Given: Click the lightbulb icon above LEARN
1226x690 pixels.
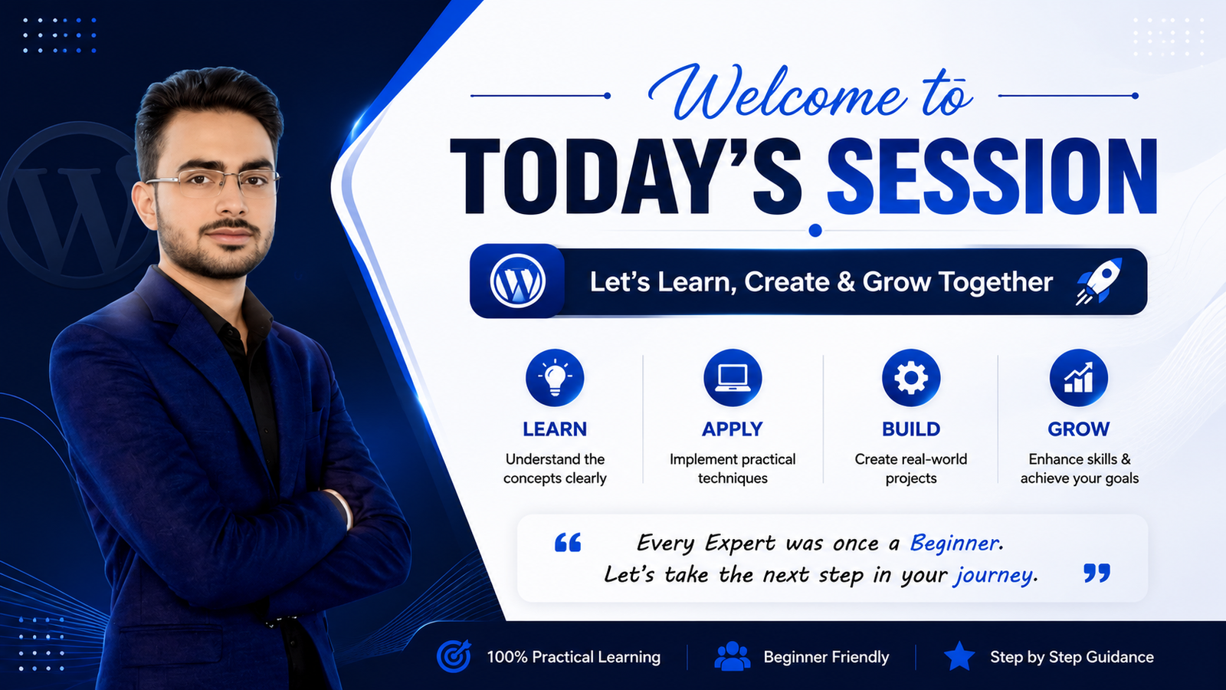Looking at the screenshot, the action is click(555, 377).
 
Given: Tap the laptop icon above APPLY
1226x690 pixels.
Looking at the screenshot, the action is click(733, 377).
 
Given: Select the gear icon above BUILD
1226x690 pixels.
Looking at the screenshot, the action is click(911, 377).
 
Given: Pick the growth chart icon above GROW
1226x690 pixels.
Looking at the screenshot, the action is click(1078, 377).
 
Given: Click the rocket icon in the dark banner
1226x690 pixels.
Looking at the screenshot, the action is click(1099, 281).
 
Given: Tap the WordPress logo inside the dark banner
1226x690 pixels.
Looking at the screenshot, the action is click(517, 281).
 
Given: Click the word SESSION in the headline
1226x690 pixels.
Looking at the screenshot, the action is click(992, 176).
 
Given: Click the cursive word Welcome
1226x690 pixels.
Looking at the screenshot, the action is click(776, 92).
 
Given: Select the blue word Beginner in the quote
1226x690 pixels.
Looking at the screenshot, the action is click(954, 544).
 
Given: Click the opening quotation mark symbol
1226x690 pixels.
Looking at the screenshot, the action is click(568, 542).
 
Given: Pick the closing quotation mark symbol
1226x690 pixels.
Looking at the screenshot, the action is click(1097, 573).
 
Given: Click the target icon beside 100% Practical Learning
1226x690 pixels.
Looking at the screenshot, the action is click(454, 655).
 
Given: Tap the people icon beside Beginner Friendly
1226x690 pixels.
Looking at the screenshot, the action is click(733, 656).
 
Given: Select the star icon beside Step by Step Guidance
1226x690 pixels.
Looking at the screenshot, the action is click(959, 656).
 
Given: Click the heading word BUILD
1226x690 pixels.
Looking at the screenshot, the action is click(911, 429).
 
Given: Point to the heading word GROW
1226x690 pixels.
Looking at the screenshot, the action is click(1078, 429).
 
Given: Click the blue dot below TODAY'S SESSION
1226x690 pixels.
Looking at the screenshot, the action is click(815, 231).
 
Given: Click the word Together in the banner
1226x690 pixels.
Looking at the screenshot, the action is click(995, 282).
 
